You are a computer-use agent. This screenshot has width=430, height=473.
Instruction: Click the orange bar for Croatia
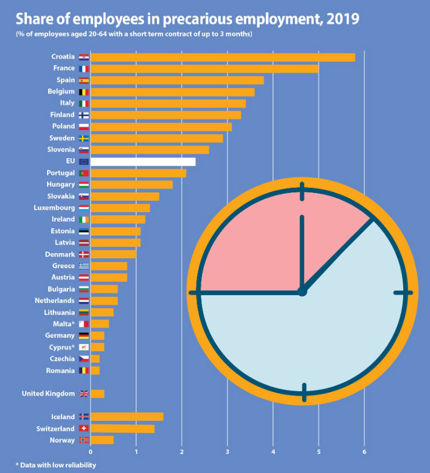point(223,57)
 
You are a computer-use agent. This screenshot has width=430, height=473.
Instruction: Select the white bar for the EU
point(143,162)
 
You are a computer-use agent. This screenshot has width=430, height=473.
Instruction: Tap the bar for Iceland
point(127,416)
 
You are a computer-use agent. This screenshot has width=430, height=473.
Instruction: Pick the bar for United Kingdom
point(98,393)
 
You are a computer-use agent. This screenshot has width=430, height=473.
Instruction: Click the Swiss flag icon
point(84,429)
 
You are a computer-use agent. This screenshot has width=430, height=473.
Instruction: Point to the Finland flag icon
point(84,115)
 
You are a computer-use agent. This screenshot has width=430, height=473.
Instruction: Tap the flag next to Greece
point(84,266)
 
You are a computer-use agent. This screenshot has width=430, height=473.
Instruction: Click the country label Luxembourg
point(54,208)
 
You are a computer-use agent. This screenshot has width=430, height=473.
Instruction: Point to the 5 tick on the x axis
point(318,451)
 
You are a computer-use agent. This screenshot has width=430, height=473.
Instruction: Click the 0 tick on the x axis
point(90,451)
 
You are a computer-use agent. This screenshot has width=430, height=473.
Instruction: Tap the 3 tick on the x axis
point(227,451)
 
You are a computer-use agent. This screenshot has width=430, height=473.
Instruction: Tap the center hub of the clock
point(302,292)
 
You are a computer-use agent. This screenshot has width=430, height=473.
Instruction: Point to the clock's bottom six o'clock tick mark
point(304,392)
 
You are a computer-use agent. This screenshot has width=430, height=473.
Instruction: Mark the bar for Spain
point(177,80)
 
